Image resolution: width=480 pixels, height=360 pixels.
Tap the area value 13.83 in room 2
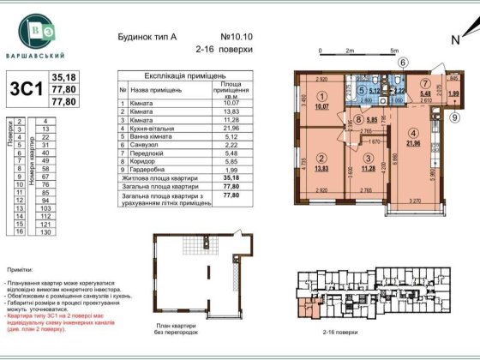[x=321, y=174]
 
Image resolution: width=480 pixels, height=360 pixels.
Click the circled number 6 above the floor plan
[x=402, y=62]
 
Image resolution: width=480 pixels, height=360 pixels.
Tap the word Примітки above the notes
[x=22, y=269]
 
